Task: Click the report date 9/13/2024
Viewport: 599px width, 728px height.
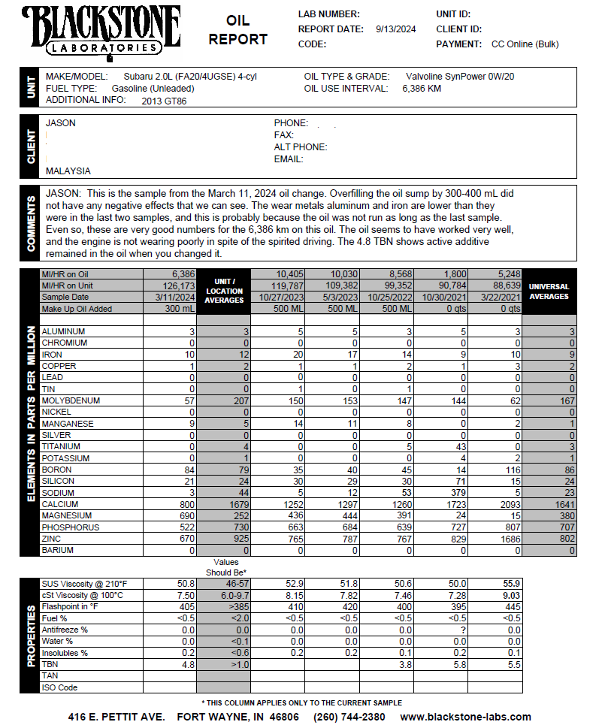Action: (x=395, y=29)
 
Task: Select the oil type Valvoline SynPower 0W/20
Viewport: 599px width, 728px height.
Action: (x=460, y=77)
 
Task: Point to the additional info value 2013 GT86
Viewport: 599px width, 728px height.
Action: (x=164, y=101)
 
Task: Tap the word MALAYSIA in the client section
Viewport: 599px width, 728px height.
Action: (x=68, y=171)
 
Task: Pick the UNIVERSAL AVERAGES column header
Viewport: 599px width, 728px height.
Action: (x=549, y=292)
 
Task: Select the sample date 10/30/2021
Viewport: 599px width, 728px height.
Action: (x=444, y=298)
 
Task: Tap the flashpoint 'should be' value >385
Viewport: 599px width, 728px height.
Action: (x=224, y=606)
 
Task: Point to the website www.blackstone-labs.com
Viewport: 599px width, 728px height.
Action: (x=465, y=717)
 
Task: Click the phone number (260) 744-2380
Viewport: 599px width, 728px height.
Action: (x=349, y=717)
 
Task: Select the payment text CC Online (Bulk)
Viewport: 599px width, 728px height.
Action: (x=525, y=44)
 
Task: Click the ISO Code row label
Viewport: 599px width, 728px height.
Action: (x=60, y=687)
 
